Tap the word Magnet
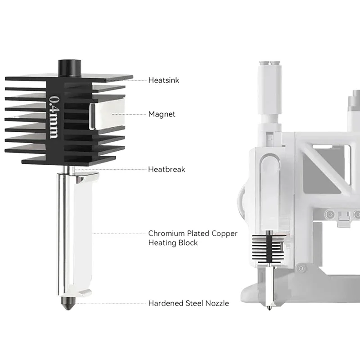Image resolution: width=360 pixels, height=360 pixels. tap(162, 114)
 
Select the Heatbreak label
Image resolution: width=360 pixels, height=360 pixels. tap(166, 170)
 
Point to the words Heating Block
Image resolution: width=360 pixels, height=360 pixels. tap(173, 243)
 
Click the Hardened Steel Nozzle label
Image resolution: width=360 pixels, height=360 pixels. tap(188, 303)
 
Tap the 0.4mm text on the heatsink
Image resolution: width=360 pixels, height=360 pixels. tap(54, 116)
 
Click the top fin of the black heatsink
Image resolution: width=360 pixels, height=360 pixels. tap(94, 77)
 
